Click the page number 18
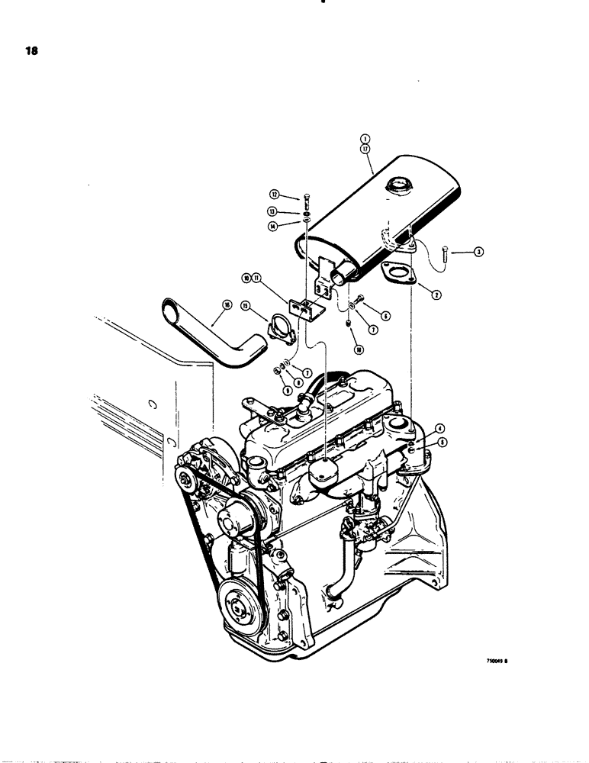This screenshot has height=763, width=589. pos(31,53)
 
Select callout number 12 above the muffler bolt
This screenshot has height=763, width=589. pos(274,195)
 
